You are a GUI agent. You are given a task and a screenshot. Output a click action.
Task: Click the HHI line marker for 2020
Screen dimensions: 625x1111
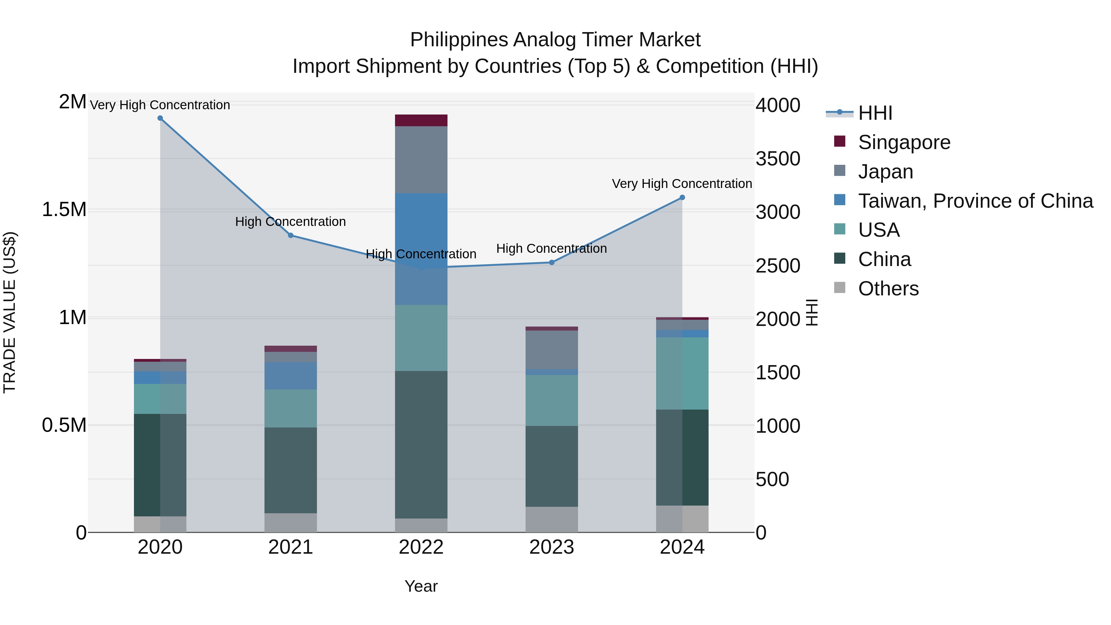click(x=160, y=118)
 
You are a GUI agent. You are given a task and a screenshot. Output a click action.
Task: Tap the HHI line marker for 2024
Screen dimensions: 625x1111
click(x=682, y=198)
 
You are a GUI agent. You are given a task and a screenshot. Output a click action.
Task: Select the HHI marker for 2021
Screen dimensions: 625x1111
click(x=291, y=235)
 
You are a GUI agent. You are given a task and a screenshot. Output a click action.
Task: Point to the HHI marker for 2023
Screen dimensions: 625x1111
click(x=551, y=262)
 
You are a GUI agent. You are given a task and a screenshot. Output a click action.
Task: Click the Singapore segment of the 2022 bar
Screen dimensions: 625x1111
click(x=421, y=120)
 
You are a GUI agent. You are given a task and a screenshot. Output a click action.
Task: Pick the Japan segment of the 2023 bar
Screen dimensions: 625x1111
click(x=551, y=350)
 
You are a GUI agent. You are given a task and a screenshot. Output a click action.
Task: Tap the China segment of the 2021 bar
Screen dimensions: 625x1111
click(x=291, y=470)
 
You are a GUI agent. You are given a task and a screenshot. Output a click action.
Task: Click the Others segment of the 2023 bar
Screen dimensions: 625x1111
click(x=551, y=519)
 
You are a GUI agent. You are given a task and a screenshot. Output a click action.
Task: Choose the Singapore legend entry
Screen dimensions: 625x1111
click(x=904, y=142)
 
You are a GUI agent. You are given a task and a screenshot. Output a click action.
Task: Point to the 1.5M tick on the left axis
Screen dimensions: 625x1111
click(x=64, y=210)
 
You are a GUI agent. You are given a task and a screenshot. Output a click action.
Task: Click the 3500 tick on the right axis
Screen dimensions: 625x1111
click(x=778, y=159)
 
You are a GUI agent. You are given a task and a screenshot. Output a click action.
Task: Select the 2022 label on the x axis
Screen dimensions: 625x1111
click(x=421, y=547)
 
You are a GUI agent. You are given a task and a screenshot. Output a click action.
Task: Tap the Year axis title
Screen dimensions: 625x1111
click(x=421, y=586)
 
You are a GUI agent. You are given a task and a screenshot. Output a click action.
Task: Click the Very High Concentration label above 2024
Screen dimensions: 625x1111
click(x=681, y=184)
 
